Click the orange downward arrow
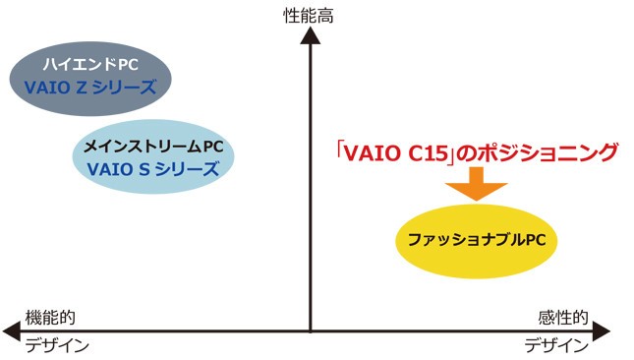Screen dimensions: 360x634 click(476, 183)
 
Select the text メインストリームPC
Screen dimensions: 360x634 click(153, 147)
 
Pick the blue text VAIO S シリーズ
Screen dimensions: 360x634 click(152, 167)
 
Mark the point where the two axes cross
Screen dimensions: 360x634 click(310, 329)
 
